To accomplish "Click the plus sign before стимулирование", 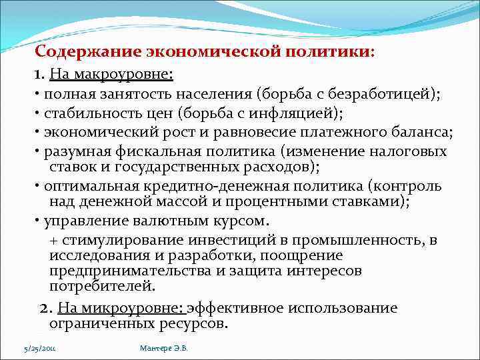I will point(53,240).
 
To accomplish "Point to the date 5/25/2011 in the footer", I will point(40,348).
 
